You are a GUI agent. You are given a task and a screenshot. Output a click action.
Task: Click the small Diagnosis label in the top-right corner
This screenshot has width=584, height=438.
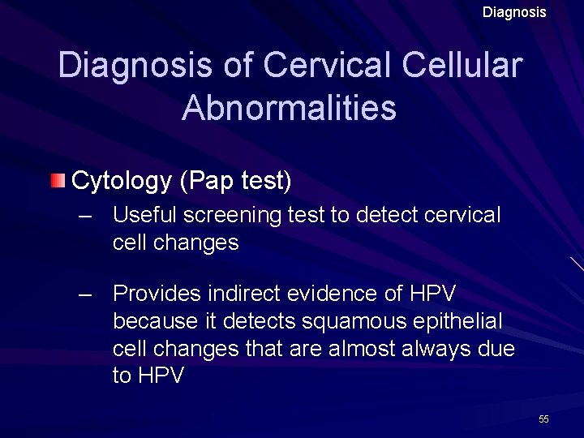514,12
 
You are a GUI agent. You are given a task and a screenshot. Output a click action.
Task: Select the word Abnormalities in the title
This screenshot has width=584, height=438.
290,107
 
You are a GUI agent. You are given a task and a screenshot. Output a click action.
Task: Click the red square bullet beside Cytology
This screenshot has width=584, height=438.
58,180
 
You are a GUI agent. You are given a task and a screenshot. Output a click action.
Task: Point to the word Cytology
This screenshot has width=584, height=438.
122,181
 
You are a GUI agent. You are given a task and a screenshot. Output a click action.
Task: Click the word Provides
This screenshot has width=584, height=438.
157,293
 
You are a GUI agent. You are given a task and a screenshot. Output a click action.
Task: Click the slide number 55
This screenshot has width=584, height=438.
543,419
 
